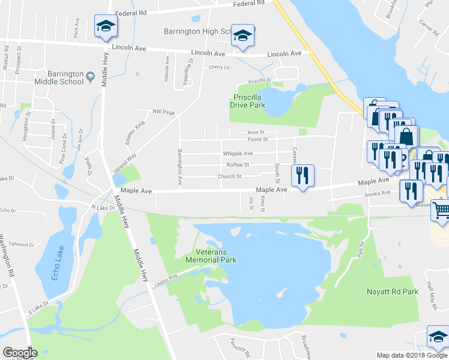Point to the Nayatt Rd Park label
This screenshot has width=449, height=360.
click(392, 292)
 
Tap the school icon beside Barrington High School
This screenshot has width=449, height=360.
click(243, 36)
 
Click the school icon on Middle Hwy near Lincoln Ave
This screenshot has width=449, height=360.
click(106, 26)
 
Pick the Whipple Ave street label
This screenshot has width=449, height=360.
click(239, 154)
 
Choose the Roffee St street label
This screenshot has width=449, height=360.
click(238, 165)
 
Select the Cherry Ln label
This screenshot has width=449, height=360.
click(219, 67)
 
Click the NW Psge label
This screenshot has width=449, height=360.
click(163, 112)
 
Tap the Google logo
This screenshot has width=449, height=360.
click(20, 352)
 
